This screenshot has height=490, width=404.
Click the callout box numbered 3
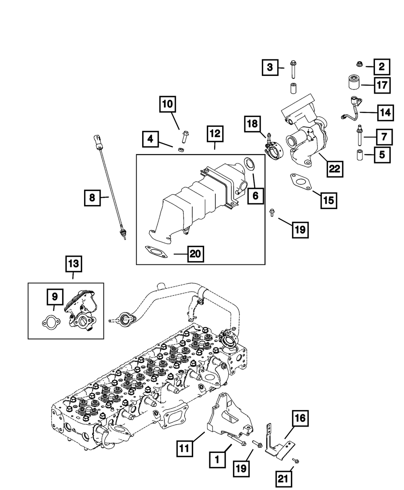click(270, 67)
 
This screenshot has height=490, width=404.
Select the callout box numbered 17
click(382, 85)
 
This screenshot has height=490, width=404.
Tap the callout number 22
click(335, 169)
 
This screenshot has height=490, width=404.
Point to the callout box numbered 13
click(74, 264)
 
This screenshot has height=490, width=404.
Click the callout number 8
click(92, 198)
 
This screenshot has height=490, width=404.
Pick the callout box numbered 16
click(301, 419)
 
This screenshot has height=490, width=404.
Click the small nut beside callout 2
click(359, 64)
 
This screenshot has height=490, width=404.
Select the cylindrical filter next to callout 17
click(354, 82)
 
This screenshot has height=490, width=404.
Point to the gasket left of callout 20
click(156, 251)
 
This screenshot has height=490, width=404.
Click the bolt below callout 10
click(185, 137)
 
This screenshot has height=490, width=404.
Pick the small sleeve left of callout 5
click(360, 155)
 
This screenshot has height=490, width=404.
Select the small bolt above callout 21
click(296, 460)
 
